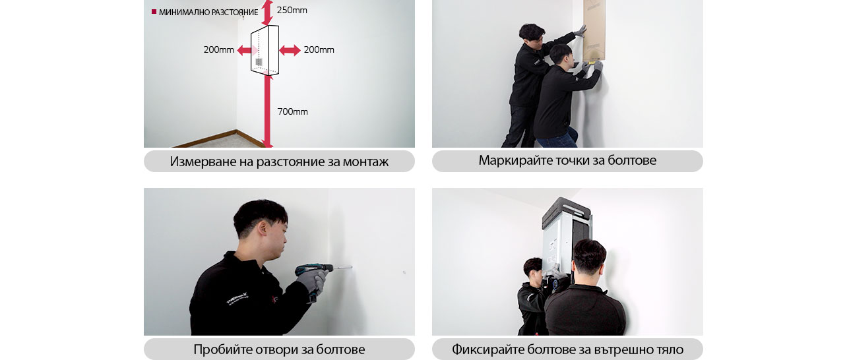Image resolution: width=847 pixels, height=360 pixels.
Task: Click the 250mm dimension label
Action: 292,11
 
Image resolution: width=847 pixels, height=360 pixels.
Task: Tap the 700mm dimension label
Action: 292,112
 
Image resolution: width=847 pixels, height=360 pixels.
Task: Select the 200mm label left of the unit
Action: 218,50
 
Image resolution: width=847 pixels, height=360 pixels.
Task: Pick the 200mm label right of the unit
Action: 319,50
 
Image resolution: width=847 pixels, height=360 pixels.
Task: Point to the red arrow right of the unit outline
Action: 290,50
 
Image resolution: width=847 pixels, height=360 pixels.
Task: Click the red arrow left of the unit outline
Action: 245,50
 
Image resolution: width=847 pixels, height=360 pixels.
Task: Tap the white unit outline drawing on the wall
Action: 265,50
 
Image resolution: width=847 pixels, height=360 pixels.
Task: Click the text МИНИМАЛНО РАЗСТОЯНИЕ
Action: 208,13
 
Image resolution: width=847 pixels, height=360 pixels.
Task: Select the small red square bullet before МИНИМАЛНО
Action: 154,12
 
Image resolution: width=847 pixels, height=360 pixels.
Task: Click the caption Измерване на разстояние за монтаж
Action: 279,162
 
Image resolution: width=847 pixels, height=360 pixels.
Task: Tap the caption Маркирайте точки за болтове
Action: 567,161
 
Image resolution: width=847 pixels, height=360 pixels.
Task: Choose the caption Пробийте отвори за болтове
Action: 279,349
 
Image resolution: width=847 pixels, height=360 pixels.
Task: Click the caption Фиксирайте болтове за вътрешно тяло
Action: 567,349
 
